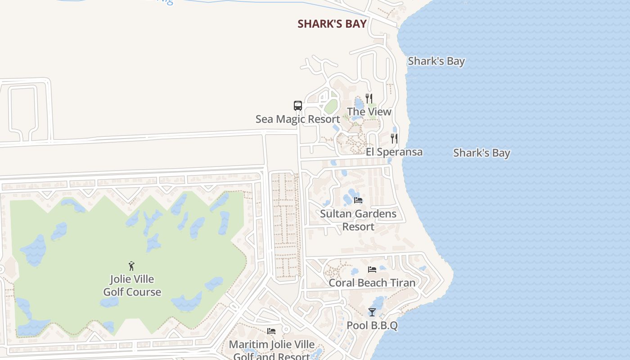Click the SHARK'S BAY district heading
point(332,24)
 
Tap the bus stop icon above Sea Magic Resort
point(298,106)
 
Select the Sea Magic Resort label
point(297,119)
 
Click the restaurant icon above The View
point(369,98)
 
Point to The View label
point(369,112)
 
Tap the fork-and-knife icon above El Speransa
point(394,138)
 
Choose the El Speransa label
point(394,152)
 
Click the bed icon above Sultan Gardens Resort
point(358,200)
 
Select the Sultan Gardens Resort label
point(358,220)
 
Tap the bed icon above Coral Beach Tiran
point(372,270)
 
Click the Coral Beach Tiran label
point(372,283)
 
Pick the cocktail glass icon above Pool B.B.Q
point(372,312)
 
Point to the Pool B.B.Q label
point(372,325)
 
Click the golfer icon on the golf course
point(132,265)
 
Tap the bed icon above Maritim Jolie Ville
point(271,331)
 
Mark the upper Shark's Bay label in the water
point(436,61)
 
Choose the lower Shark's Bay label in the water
point(481,153)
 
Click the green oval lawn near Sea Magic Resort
point(331,107)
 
